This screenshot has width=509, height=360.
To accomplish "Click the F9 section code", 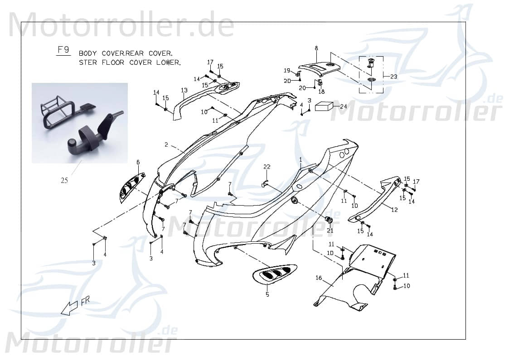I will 63,50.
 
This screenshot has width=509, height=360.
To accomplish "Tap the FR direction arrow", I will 70,307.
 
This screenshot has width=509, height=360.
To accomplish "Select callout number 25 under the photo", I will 64,181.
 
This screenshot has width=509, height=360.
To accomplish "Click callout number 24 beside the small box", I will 344,107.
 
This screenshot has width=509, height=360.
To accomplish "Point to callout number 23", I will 393,77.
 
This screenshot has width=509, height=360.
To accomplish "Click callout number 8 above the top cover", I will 316,48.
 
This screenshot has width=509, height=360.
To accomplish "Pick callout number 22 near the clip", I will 267,168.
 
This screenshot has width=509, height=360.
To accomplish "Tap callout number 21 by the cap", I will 330,230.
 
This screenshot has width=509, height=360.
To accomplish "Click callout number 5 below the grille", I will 267,295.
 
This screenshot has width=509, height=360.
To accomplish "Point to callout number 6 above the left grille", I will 138,162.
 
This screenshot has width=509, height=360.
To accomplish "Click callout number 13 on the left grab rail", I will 184,91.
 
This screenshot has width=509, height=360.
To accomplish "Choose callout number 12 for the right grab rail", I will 394,210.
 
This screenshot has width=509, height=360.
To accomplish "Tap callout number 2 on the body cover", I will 166,145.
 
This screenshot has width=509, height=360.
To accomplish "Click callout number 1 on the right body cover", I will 300,159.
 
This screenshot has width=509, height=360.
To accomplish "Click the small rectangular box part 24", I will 324,106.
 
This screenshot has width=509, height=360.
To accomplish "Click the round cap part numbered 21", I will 330,221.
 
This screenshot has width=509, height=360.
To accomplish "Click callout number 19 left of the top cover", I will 286,70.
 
